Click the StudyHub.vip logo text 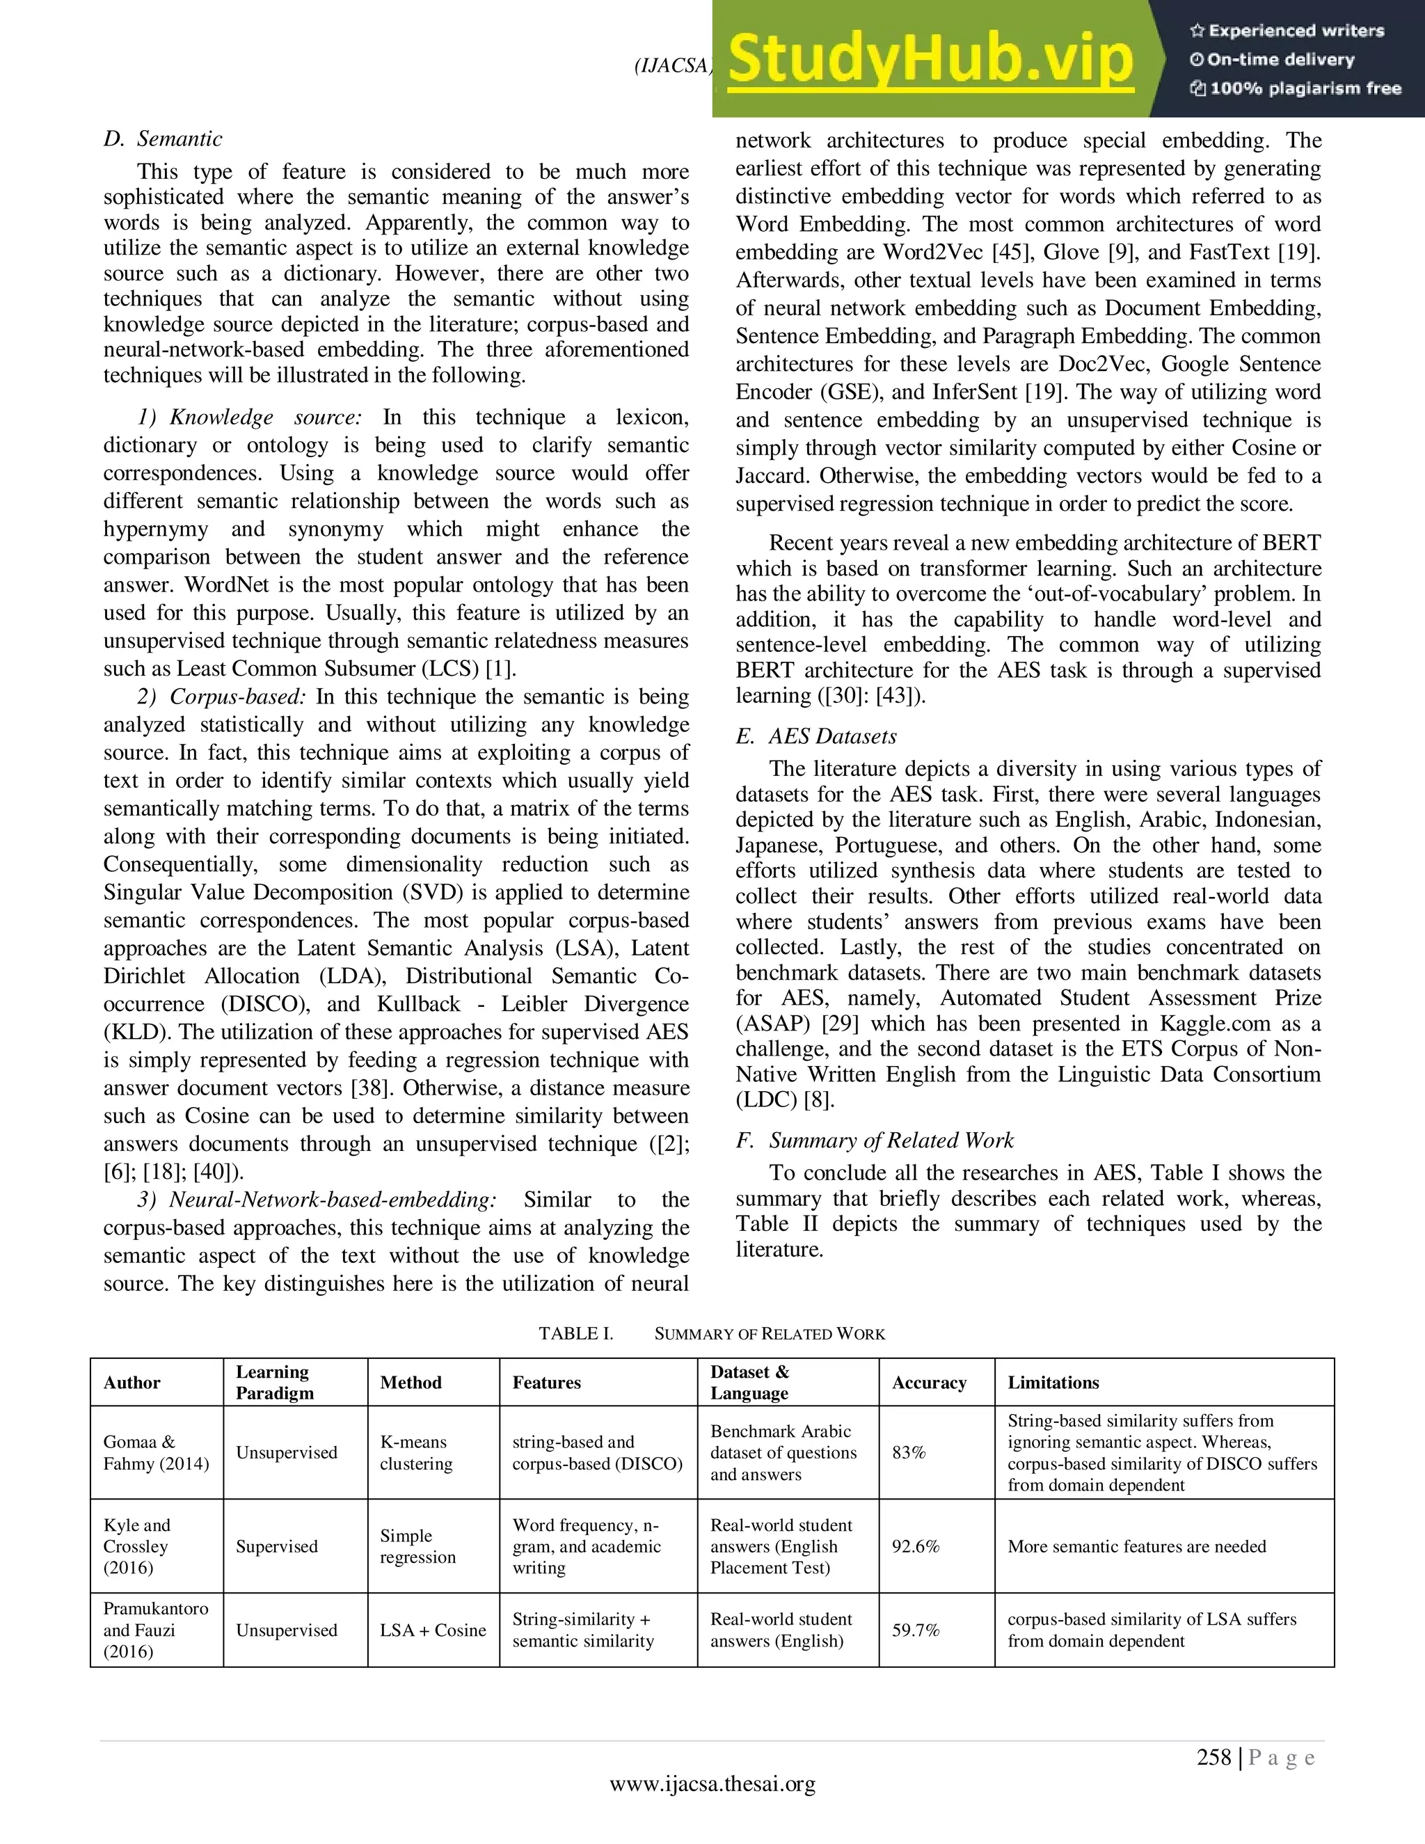(x=929, y=59)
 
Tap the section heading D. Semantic (x=163, y=138)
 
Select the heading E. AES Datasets (x=816, y=736)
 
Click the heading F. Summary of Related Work (x=875, y=1140)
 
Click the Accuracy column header (x=929, y=1382)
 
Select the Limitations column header (x=1053, y=1382)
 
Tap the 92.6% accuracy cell (x=915, y=1546)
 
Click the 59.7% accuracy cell (x=915, y=1630)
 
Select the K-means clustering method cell (x=415, y=1452)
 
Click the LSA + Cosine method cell (x=432, y=1630)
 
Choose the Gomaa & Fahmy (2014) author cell (x=155, y=1452)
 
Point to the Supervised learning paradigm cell (x=276, y=1546)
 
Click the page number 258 (x=1214, y=1758)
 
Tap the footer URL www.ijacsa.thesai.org (x=712, y=1783)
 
